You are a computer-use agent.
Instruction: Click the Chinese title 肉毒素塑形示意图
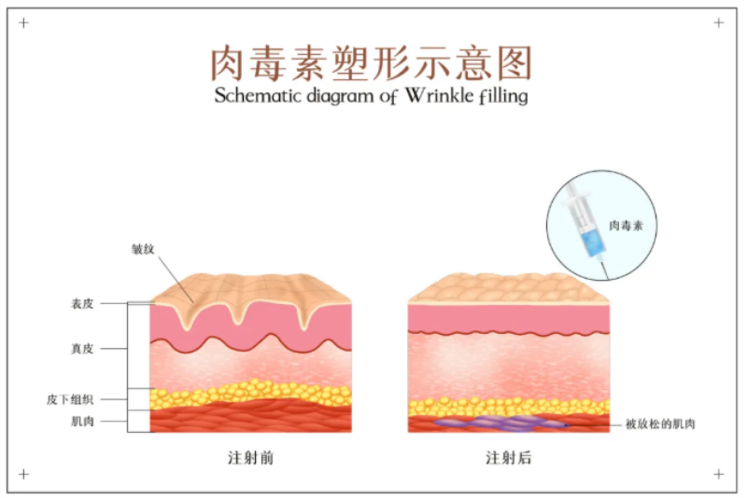[x=371, y=63]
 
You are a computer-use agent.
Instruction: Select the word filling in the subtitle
[x=503, y=96]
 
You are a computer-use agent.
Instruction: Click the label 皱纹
[x=143, y=249]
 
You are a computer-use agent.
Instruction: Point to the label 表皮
[x=82, y=303]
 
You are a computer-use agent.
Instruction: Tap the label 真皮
[x=82, y=349]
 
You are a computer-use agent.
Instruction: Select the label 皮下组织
[x=70, y=399]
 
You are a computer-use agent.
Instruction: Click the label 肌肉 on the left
[x=82, y=422]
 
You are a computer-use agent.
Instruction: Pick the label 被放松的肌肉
[x=660, y=423]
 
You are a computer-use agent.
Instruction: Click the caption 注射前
[x=250, y=458]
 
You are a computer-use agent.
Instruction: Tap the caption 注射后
[x=508, y=458]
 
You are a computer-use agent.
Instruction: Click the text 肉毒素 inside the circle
[x=626, y=226]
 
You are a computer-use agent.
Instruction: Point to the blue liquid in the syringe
[x=592, y=242]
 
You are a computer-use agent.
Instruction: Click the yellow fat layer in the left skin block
[x=250, y=395]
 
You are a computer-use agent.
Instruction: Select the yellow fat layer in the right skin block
[x=508, y=407]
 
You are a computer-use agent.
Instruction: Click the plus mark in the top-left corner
[x=24, y=22]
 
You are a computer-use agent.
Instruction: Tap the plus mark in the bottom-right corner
[x=719, y=474]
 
